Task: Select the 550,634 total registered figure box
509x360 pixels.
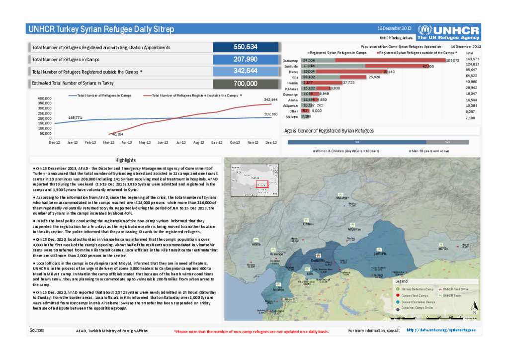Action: [x=245, y=47]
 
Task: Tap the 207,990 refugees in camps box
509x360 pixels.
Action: [x=245, y=59]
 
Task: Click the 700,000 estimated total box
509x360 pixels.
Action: [x=245, y=84]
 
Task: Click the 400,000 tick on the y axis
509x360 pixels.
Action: [x=45, y=98]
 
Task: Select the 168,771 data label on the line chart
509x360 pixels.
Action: [x=75, y=117]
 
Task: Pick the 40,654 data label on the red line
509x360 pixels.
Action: [x=118, y=134]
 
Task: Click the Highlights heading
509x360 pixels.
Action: [x=125, y=160]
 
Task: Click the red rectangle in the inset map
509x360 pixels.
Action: [x=262, y=184]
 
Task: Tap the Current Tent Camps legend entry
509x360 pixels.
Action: [x=415, y=295]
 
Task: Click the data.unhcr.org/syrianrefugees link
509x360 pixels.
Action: [x=441, y=330]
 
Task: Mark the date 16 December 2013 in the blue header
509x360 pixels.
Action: [x=395, y=28]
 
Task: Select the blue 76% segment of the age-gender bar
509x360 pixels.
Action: [x=357, y=142]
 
